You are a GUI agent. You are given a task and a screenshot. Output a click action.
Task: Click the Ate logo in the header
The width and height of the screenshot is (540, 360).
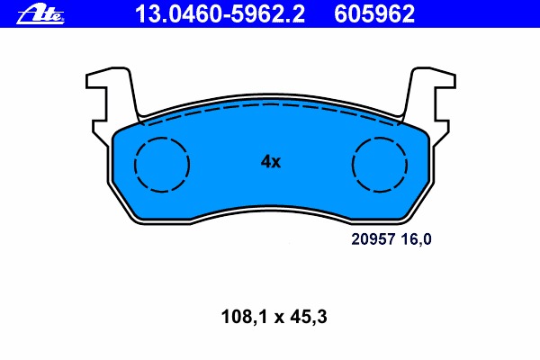tap(40, 14)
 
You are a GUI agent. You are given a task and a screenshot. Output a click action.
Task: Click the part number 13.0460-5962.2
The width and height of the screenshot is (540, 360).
tap(220, 14)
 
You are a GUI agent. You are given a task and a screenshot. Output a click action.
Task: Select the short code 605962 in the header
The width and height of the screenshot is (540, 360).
tap(374, 14)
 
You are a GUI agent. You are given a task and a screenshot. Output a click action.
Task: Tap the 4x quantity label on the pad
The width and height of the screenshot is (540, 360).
tap(271, 161)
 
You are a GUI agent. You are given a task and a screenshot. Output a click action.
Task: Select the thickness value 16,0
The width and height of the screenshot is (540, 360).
tap(417, 239)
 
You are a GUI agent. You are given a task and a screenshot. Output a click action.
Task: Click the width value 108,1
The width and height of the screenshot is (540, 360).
tap(244, 317)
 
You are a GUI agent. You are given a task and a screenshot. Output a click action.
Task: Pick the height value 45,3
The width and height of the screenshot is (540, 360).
tap(309, 317)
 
